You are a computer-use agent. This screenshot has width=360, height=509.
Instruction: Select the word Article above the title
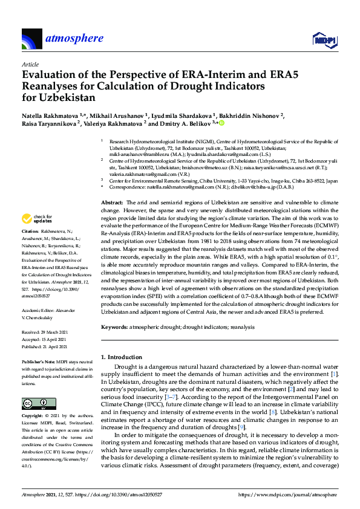(x=30, y=63)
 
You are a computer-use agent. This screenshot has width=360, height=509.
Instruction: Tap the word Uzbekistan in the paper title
(x=59, y=97)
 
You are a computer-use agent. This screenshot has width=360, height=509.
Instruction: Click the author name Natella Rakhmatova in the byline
(x=47, y=115)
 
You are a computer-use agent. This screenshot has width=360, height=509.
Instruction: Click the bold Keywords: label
(x=114, y=326)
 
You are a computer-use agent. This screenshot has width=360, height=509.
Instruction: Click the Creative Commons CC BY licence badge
(x=34, y=403)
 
